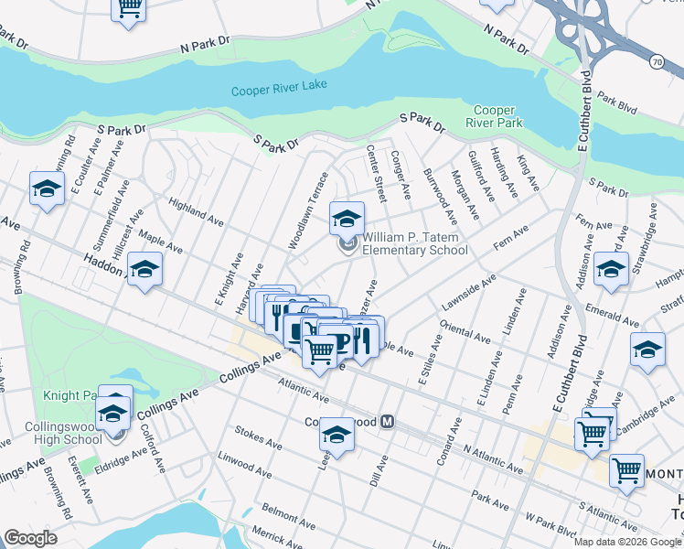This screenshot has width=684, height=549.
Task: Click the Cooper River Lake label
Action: tap(278, 91)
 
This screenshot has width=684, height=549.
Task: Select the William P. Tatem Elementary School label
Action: tap(415, 243)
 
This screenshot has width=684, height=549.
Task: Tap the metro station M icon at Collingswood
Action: tap(388, 422)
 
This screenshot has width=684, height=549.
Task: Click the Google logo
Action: tap(30, 538)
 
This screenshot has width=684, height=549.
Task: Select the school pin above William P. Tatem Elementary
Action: tap(347, 218)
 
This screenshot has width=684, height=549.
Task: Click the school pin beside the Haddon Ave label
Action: tap(144, 269)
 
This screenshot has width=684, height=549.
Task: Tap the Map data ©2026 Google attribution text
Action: tap(628, 542)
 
